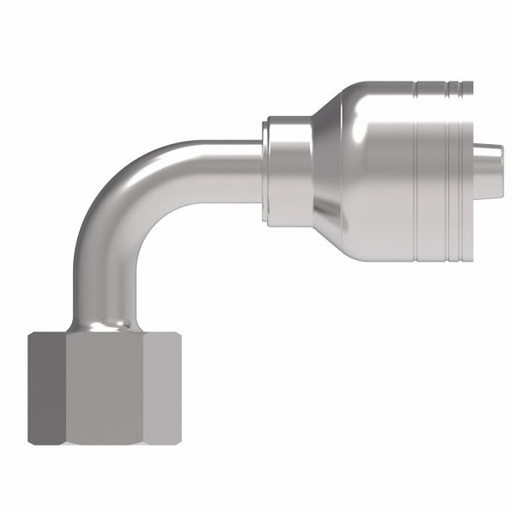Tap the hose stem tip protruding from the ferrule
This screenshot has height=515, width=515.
488,159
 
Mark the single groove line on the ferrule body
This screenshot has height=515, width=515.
415,172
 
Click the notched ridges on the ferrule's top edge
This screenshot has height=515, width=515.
442,86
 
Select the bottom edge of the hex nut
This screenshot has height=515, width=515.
104,444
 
